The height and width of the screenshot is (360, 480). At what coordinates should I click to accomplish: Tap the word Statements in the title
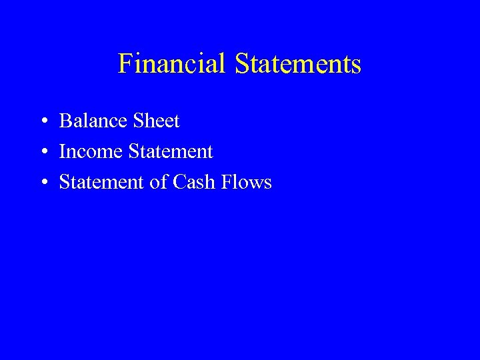[x=297, y=64]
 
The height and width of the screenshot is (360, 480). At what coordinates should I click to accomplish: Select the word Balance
[x=93, y=121]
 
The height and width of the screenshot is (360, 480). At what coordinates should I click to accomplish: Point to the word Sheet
[x=156, y=121]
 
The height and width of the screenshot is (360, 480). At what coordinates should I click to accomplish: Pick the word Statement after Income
[x=170, y=152]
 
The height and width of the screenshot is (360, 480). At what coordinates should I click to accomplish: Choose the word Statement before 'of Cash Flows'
[x=101, y=183]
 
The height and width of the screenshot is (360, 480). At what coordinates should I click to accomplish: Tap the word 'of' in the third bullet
[x=159, y=183]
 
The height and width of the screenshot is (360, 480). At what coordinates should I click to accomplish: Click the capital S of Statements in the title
[x=241, y=64]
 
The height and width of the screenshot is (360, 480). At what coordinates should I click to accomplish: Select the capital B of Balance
[x=65, y=121]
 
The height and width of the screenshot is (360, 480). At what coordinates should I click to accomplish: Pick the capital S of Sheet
[x=137, y=121]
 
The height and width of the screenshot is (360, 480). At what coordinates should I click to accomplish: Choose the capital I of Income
[x=63, y=152]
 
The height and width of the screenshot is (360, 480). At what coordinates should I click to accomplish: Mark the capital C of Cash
[x=179, y=183]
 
